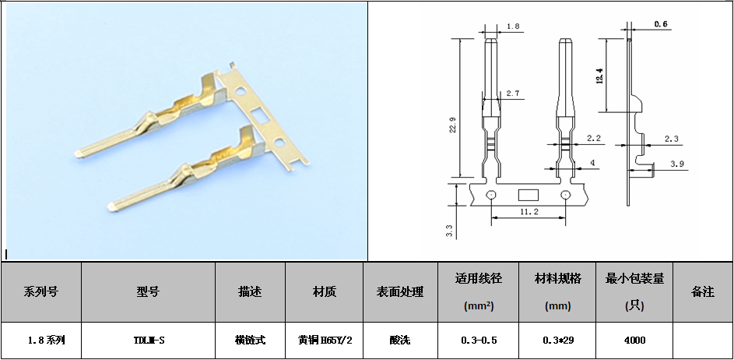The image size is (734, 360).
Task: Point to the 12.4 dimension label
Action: (599, 76)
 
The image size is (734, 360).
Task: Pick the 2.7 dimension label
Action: (513, 94)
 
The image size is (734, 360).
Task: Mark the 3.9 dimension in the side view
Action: (677, 164)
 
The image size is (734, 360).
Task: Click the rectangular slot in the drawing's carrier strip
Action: (529, 195)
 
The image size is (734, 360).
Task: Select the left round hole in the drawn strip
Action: (491, 195)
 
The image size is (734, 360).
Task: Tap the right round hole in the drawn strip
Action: (566, 195)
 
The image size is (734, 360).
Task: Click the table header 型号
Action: (148, 291)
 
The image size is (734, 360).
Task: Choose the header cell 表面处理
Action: (400, 291)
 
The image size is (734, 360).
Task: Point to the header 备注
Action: (703, 291)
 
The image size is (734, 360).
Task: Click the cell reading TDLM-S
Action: (149, 341)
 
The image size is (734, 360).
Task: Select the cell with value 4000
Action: (635, 341)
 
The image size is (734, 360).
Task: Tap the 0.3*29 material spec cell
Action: (558, 341)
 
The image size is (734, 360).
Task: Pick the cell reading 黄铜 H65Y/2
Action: (325, 341)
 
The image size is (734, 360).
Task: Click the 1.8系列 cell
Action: (45, 341)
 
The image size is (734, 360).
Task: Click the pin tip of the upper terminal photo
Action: (77, 154)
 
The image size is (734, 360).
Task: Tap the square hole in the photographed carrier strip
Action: (259, 115)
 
